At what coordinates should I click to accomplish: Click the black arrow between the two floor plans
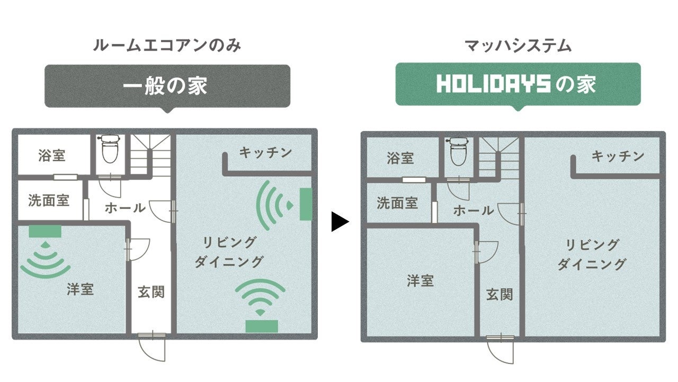340,221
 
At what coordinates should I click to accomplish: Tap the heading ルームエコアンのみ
167,46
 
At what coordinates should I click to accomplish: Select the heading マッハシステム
518,46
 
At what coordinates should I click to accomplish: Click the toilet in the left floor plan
110,149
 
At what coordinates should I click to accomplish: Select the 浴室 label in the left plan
52,155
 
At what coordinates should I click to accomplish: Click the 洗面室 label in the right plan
397,203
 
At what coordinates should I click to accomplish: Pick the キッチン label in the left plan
265,153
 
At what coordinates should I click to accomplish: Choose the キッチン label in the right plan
618,156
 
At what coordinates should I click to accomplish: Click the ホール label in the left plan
125,207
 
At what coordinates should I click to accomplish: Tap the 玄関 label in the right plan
499,294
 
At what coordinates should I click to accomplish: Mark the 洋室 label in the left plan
81,289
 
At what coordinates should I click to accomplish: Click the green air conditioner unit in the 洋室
45,231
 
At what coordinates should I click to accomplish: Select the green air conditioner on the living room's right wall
306,204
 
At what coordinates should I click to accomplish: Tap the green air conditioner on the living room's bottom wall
262,326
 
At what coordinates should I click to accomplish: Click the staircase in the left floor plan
151,155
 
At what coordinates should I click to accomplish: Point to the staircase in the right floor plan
498,158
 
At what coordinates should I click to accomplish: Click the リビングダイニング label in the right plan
592,254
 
